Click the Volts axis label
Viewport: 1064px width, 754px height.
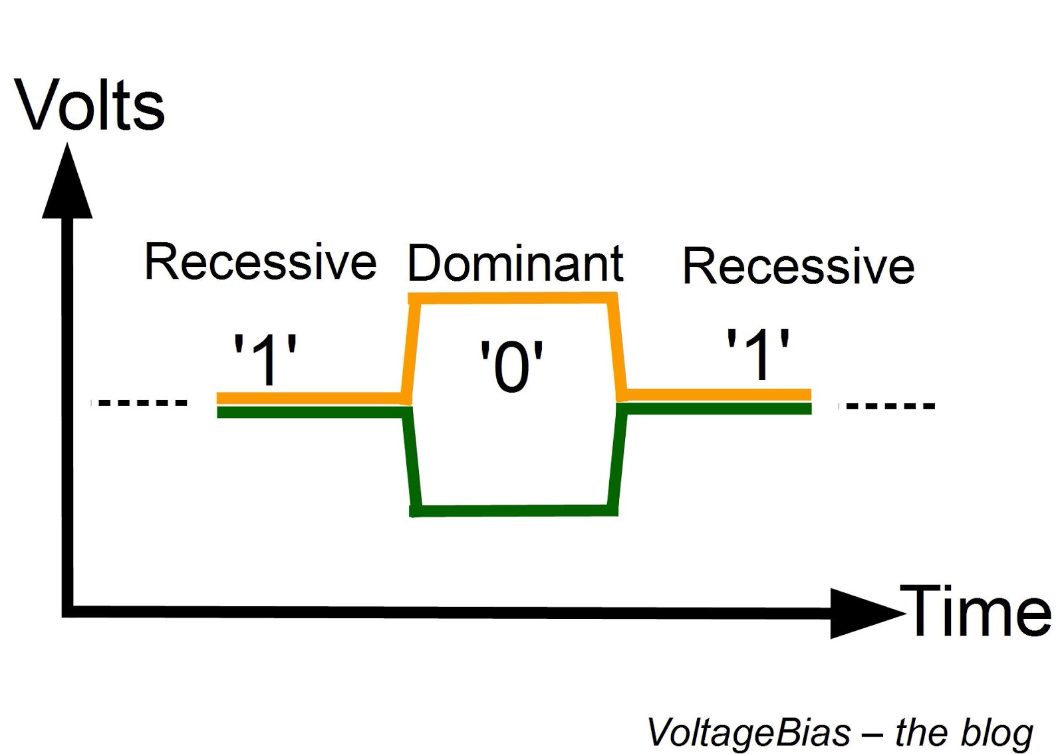click(89, 105)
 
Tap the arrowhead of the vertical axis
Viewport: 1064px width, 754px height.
click(67, 183)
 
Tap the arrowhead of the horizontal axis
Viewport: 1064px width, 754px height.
click(864, 612)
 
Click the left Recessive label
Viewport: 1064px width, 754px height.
click(260, 262)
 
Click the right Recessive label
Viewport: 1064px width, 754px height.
click(798, 266)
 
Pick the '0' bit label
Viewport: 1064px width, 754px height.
click(511, 366)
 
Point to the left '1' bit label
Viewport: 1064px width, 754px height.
click(265, 360)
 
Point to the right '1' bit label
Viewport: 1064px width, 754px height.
click(757, 354)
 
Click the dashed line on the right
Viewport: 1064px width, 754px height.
click(888, 405)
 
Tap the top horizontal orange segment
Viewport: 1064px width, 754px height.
click(513, 298)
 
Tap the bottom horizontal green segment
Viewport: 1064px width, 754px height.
click(514, 510)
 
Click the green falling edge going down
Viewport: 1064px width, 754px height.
click(411, 459)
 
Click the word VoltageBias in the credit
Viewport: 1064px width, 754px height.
click(749, 732)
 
